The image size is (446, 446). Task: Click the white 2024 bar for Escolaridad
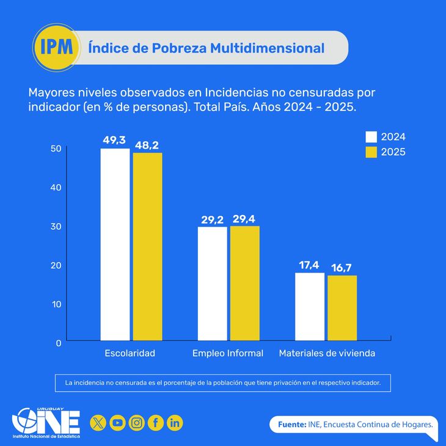115,244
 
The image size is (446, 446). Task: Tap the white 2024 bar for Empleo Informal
212,283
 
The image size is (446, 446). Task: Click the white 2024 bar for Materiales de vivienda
310,306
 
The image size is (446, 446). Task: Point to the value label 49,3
114,141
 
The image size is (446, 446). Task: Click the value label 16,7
342,268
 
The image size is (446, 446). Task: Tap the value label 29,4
245,219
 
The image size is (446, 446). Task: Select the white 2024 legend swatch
371,137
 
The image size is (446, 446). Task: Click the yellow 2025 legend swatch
371,152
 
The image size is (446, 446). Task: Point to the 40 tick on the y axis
56,187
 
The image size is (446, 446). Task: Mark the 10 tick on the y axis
56,304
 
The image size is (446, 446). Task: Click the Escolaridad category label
130,353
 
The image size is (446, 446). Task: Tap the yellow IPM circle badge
55,47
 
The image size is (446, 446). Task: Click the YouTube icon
117,422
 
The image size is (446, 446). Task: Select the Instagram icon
137,422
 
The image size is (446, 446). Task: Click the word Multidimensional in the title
267,48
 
